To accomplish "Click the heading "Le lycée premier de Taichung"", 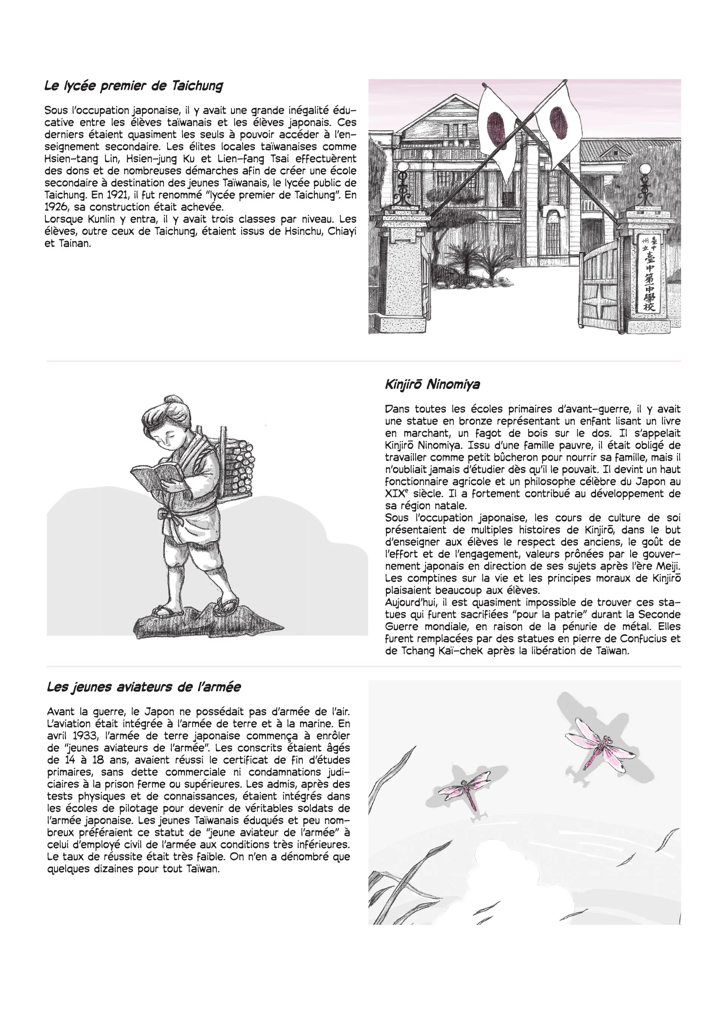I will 134,86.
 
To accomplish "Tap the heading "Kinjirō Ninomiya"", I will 432,384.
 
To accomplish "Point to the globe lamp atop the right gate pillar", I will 645,170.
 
